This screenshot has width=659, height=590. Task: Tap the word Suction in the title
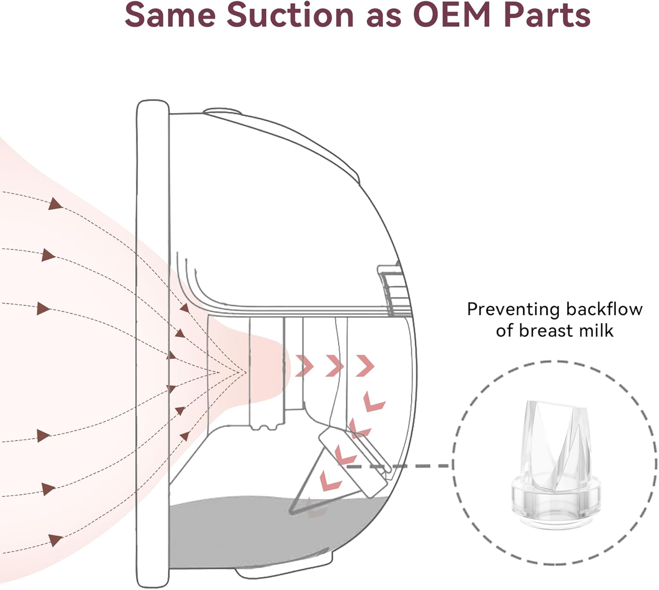click(x=290, y=15)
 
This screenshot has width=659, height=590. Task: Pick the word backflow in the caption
click(x=604, y=310)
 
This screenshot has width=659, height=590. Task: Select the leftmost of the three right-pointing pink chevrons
click(x=304, y=366)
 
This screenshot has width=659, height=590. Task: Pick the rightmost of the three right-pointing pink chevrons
click(x=365, y=366)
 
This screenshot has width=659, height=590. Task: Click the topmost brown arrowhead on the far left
click(x=55, y=204)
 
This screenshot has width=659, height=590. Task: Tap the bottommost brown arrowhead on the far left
click(x=55, y=540)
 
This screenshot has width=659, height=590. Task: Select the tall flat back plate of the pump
click(x=153, y=343)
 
